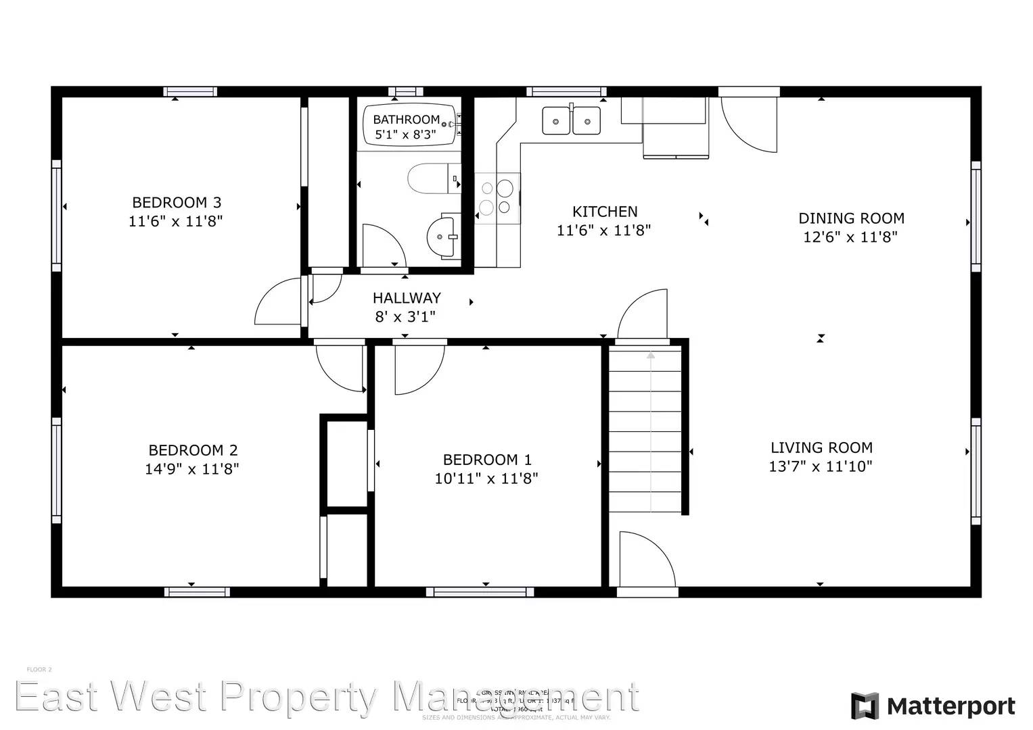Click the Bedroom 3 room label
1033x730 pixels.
coord(176,202)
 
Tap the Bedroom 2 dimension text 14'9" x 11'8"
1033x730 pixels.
coord(192,468)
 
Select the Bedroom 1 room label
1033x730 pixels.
coord(487,460)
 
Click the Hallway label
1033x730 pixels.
coord(407,297)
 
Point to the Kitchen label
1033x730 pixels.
coord(605,212)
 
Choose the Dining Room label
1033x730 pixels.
coord(851,218)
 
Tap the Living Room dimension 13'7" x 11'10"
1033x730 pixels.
coord(821,466)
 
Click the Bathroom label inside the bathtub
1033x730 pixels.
coord(406,120)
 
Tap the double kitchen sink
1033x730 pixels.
coord(571,121)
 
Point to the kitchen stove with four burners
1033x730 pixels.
coord(497,198)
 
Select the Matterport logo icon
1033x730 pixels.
coord(865,706)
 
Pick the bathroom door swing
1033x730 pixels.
coord(383,245)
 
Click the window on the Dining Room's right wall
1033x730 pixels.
coord(975,216)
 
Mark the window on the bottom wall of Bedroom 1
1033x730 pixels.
coord(480,592)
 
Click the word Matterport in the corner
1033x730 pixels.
coord(950,706)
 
